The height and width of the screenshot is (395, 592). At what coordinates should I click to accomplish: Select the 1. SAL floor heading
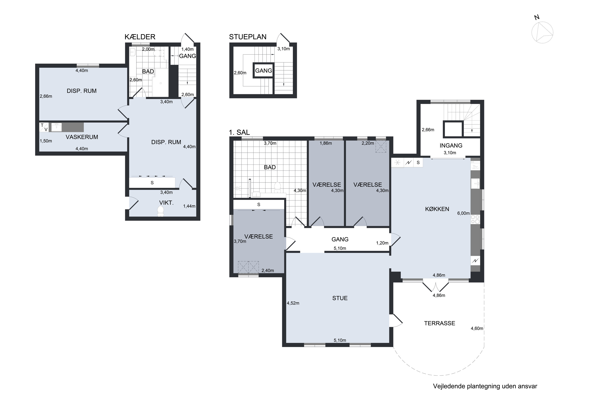(x=239, y=132)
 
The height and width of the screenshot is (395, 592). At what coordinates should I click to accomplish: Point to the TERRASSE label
(x=439, y=323)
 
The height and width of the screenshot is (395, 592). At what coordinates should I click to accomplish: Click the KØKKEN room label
(x=437, y=209)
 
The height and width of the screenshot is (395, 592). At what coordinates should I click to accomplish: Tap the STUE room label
(x=340, y=298)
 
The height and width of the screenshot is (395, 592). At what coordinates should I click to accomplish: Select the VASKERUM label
(x=82, y=137)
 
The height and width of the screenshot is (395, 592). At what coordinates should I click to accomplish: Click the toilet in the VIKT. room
(x=160, y=211)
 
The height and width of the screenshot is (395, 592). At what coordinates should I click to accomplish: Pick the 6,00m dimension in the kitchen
(x=463, y=213)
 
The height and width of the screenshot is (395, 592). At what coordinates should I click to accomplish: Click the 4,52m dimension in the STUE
(x=293, y=303)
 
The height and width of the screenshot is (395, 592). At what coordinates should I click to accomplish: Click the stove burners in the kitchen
(x=475, y=219)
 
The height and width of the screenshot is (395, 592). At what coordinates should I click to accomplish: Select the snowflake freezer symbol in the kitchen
(x=397, y=163)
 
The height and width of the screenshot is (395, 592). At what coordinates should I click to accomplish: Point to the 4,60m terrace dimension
(x=477, y=328)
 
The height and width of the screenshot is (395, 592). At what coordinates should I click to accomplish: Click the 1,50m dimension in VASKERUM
(x=46, y=141)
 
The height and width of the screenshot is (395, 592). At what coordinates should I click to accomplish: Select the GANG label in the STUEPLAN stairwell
(x=263, y=71)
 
